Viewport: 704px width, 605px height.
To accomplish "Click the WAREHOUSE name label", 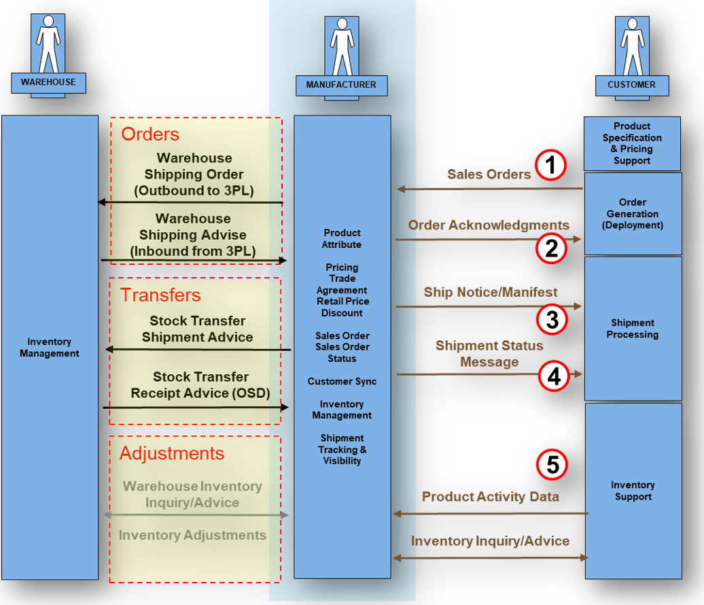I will coord(48,82).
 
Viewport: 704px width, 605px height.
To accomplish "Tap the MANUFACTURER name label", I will coord(341,85).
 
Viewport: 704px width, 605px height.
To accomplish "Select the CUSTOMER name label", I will coord(632,85).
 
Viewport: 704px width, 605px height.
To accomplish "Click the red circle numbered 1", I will coord(550,164).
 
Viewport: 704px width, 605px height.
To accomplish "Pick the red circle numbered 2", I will coord(550,249).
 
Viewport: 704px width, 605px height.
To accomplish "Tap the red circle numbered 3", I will coord(552,319).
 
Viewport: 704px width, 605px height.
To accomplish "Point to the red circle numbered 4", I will coord(555,375).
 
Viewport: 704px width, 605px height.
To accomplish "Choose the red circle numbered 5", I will coord(552,465).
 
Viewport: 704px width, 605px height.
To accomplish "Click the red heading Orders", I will coord(150,134).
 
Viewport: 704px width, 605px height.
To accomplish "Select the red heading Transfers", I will coord(161,295).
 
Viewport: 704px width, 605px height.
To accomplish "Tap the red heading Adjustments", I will coord(172,453).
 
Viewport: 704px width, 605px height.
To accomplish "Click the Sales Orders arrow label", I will coord(489,175).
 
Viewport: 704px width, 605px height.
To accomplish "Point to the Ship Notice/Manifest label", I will coord(491,293).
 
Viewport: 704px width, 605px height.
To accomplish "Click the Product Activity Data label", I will coord(491,497).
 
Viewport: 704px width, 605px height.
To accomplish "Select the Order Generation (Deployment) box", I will coord(633,213).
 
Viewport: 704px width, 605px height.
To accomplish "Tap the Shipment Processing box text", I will coord(633,329).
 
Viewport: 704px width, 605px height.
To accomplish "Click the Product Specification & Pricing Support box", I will coord(632,143).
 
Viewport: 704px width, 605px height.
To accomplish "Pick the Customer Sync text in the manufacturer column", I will coord(342,382).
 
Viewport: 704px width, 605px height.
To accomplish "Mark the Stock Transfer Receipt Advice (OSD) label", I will coord(200,385).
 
